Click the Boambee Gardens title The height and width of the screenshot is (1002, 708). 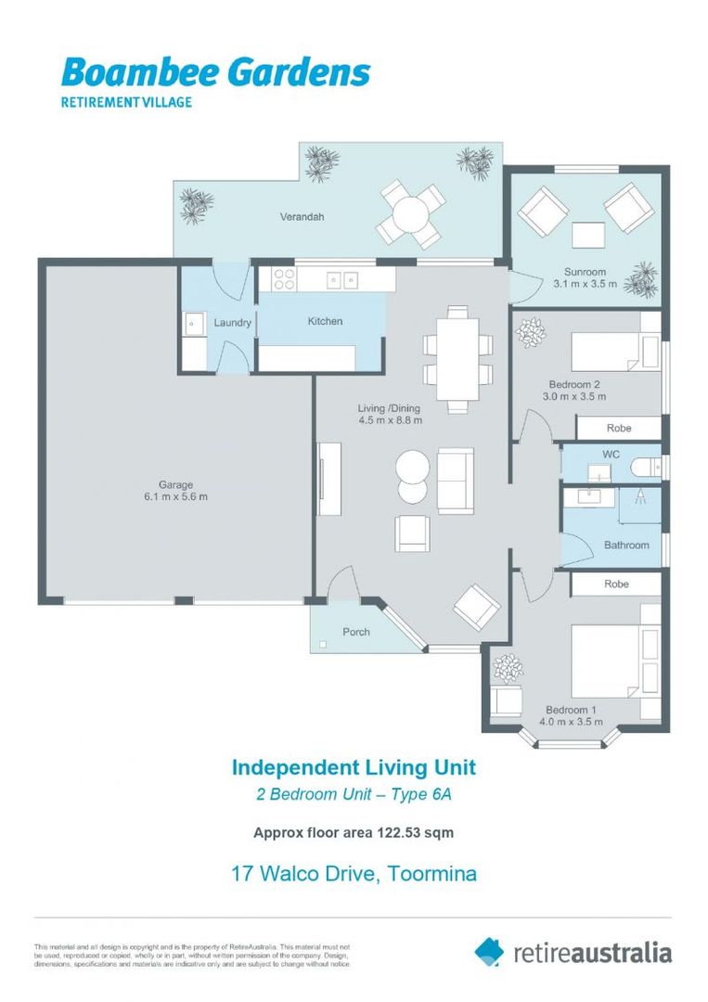click(x=215, y=72)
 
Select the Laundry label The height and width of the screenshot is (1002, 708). click(x=232, y=323)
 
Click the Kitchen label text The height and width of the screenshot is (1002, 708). click(x=325, y=321)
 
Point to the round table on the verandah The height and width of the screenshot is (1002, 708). click(x=409, y=215)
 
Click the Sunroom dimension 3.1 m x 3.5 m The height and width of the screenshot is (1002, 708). click(x=585, y=284)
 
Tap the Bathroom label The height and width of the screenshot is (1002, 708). click(x=626, y=545)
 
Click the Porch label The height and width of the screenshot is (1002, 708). click(x=356, y=632)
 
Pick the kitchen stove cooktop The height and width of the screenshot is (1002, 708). click(x=283, y=278)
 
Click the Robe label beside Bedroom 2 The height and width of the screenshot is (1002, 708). click(x=618, y=429)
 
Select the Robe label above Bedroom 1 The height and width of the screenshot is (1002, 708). click(x=616, y=584)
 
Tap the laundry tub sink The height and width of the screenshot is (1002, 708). click(x=195, y=325)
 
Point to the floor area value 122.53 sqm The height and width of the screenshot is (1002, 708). click(x=415, y=832)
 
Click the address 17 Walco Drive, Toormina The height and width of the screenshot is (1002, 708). click(x=354, y=873)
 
